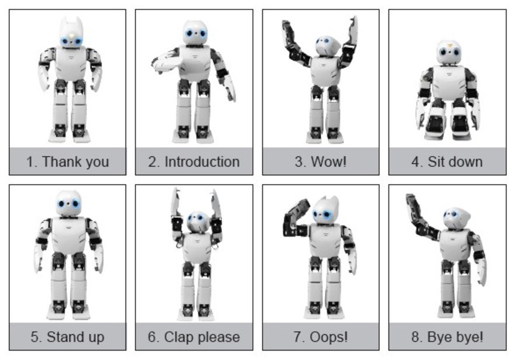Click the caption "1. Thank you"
coord(67,161)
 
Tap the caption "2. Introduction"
coord(194,161)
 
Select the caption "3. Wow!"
coord(320,161)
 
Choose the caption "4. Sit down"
coord(447,161)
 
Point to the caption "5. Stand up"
coord(67,337)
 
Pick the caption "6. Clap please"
coord(194,337)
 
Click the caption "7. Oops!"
coord(320,337)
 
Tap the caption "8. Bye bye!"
coord(447,337)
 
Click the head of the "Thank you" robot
coord(71,35)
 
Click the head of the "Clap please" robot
coord(196,222)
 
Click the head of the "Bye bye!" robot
coord(456,217)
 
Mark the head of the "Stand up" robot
coord(68,203)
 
